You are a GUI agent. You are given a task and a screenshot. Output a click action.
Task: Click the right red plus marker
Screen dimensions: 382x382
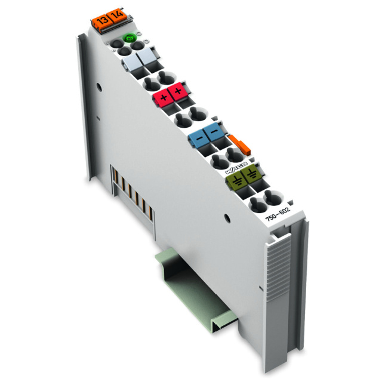(x=177, y=93)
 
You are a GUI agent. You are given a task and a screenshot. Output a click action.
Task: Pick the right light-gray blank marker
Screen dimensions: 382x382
(x=146, y=60)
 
